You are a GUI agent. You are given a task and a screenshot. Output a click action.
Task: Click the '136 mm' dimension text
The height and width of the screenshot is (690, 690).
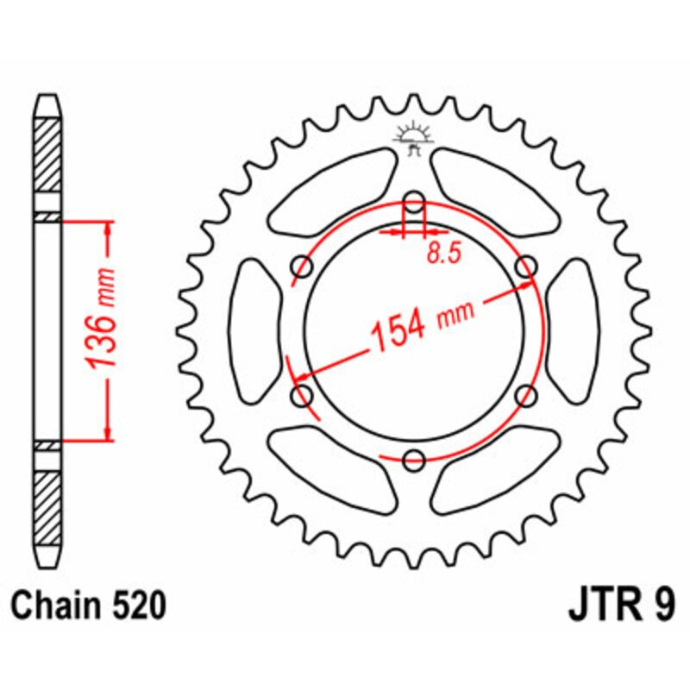click(102, 330)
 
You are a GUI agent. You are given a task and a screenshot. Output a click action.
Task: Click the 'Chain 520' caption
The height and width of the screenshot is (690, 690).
click(89, 607)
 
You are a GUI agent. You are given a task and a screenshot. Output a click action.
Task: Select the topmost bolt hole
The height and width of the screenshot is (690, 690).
click(414, 204)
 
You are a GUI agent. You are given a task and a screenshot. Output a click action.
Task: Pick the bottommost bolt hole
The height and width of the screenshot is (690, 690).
click(414, 460)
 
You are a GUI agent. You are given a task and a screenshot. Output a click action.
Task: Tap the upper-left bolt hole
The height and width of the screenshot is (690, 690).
click(303, 267)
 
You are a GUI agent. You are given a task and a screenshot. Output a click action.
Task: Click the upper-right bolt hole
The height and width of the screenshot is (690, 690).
click(525, 268)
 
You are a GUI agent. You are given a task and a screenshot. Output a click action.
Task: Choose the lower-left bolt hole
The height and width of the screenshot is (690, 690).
click(303, 396)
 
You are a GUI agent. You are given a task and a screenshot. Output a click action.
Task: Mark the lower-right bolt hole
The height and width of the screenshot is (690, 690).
click(525, 396)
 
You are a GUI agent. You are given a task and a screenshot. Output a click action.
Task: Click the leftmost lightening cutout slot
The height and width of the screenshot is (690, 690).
click(257, 332)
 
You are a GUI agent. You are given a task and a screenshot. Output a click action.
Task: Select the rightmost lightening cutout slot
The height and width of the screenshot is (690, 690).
click(571, 332)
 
